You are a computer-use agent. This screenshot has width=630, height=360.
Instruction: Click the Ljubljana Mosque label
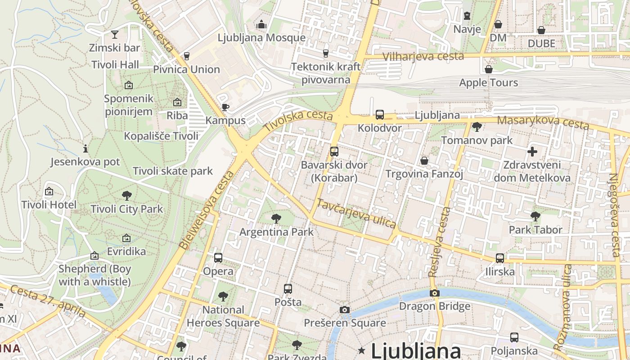tap(261, 38)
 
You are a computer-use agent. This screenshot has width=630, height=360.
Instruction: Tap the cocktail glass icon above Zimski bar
tap(115, 34)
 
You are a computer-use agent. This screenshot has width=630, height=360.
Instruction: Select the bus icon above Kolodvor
tap(379, 115)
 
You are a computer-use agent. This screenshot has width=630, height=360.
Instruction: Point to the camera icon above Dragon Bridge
tap(434, 293)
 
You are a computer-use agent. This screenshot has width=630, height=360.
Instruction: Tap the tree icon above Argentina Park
tap(276, 219)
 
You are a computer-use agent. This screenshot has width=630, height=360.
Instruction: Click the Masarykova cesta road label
tap(543, 121)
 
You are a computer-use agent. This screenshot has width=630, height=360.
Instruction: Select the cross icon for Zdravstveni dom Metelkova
tap(532, 151)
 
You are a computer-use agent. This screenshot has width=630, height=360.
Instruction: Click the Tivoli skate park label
tap(173, 171)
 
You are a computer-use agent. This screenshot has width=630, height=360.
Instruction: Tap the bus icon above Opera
tap(218, 258)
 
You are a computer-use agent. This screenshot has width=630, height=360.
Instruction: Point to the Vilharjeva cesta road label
tap(423, 56)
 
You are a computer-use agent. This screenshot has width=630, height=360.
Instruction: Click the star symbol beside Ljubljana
tap(361, 350)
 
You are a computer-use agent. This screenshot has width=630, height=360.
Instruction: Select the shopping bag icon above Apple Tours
tap(488, 69)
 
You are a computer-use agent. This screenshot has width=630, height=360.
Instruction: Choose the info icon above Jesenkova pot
tap(85, 148)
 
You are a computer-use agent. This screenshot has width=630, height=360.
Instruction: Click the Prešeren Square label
tap(345, 323)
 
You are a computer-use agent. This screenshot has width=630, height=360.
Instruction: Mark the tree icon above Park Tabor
tap(535, 216)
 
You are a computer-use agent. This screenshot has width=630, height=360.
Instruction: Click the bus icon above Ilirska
tap(500, 258)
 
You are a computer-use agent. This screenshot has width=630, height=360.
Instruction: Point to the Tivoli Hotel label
tap(49, 205)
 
